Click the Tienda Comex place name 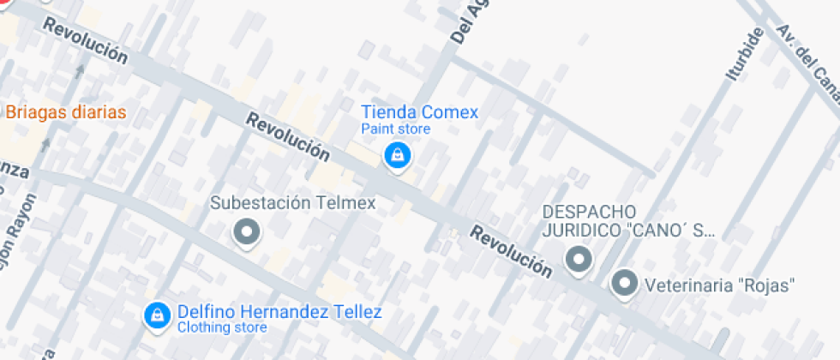pyautogui.click(x=419, y=112)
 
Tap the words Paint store pyautogui.click(x=395, y=129)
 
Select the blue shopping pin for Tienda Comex pyautogui.click(x=397, y=156)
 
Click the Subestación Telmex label pyautogui.click(x=294, y=203)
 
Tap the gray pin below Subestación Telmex pyautogui.click(x=248, y=231)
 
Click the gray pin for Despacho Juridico pyautogui.click(x=579, y=258)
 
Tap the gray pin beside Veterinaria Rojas pyautogui.click(x=625, y=283)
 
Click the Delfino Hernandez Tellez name pyautogui.click(x=279, y=312)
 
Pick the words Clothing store pyautogui.click(x=221, y=327)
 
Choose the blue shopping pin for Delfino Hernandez pyautogui.click(x=157, y=315)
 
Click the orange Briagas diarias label pyautogui.click(x=65, y=112)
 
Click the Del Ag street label pyautogui.click(x=464, y=22)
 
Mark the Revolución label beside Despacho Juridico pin pyautogui.click(x=511, y=251)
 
